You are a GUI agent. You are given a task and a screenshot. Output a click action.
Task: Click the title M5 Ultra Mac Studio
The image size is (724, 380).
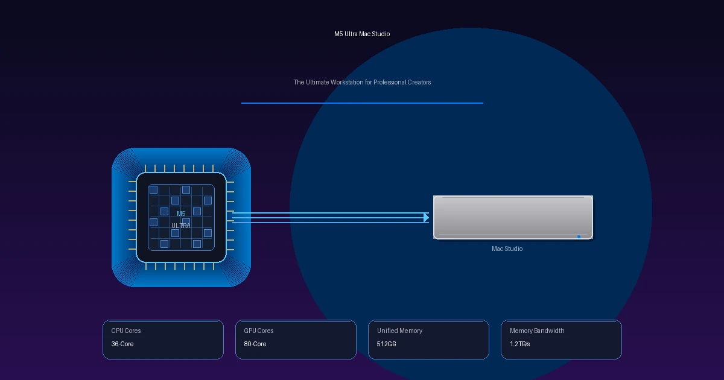(362, 34)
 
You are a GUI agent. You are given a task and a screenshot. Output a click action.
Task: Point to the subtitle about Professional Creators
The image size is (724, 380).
(362, 82)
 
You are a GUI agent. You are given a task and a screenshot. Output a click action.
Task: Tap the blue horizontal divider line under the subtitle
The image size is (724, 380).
(362, 103)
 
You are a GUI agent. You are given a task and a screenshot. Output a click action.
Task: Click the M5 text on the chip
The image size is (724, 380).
(181, 214)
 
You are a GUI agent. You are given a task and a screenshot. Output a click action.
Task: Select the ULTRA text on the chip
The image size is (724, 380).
(180, 226)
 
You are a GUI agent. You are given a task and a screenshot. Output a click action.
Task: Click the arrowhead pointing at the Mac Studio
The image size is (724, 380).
(427, 218)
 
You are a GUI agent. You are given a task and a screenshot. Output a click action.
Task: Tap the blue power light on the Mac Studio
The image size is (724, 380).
(579, 236)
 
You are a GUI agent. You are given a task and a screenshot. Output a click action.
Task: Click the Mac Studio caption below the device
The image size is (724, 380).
(507, 249)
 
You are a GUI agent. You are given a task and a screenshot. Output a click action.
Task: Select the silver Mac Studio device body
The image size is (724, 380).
(513, 217)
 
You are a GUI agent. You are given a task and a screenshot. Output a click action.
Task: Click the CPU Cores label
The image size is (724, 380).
(126, 331)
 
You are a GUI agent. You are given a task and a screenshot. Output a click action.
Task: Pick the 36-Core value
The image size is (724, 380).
(122, 344)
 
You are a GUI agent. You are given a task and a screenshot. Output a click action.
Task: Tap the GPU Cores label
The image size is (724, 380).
(259, 331)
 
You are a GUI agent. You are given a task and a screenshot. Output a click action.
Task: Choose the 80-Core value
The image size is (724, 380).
(255, 344)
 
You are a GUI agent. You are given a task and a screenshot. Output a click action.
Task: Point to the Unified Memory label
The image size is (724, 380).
(399, 331)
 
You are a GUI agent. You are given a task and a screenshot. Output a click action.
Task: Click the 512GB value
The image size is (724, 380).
(386, 344)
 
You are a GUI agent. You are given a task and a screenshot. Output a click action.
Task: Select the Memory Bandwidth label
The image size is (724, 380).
(537, 331)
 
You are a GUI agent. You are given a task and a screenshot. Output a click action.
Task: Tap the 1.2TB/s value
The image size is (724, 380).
(519, 344)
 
